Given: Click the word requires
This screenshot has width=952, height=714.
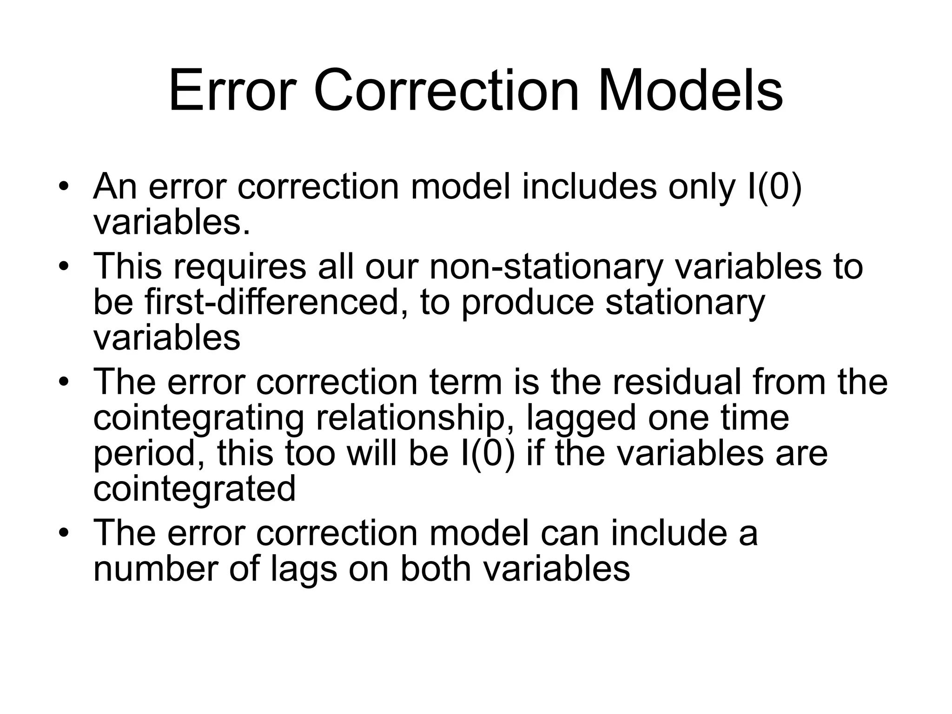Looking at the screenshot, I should coord(240,266).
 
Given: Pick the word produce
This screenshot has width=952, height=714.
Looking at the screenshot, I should coord(528,302).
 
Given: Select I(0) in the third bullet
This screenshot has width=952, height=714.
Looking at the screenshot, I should coord(488,454).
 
